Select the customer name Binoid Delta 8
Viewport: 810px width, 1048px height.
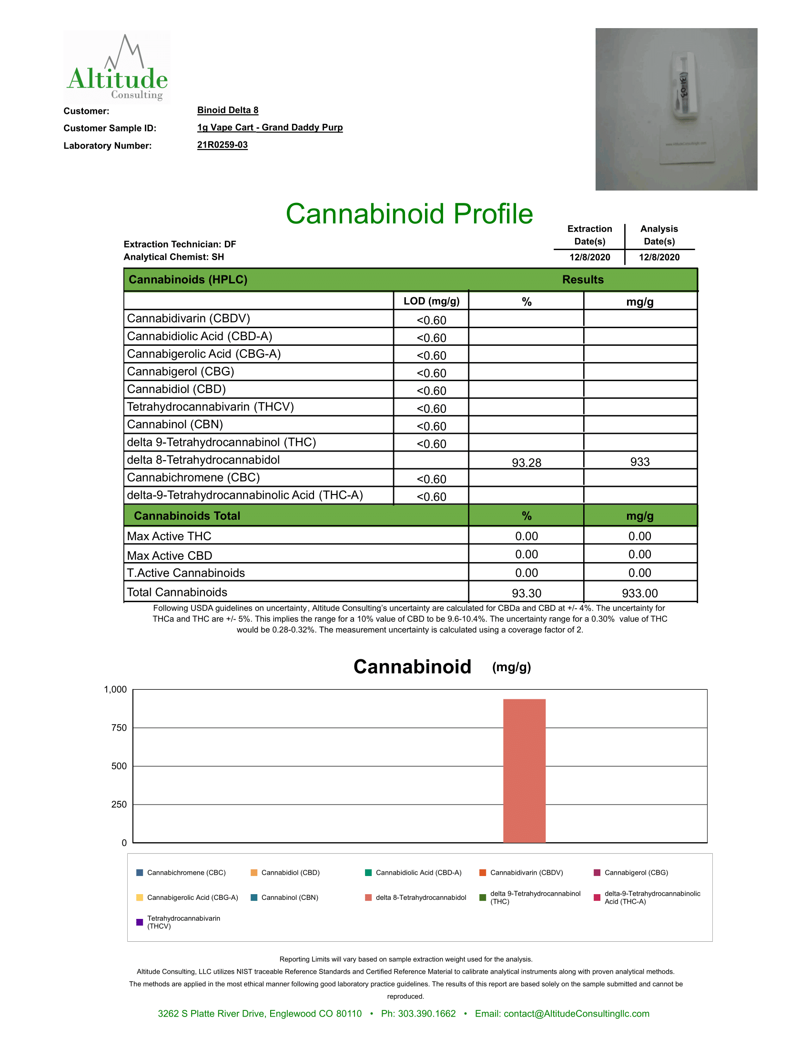[227, 111]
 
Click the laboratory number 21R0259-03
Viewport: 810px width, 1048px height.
[222, 145]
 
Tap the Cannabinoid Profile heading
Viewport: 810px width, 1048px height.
[409, 214]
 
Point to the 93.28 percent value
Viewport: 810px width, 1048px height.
[526, 463]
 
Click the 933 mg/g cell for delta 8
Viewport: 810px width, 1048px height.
[639, 462]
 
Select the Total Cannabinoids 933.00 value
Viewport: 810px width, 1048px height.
[639, 593]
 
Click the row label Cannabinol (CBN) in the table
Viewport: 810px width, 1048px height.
[175, 424]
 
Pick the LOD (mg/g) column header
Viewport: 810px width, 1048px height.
[431, 302]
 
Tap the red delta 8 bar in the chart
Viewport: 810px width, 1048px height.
[524, 771]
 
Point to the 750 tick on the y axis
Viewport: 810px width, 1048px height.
[119, 728]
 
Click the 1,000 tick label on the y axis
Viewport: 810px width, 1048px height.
[115, 690]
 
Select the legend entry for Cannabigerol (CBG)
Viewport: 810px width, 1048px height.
[636, 872]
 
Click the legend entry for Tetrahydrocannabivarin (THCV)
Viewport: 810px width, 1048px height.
[183, 922]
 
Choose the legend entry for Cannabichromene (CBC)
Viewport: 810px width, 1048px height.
[186, 872]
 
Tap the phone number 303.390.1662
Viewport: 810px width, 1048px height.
[418, 1013]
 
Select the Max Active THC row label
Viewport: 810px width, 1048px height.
[169, 536]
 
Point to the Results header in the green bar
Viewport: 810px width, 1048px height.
[583, 280]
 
